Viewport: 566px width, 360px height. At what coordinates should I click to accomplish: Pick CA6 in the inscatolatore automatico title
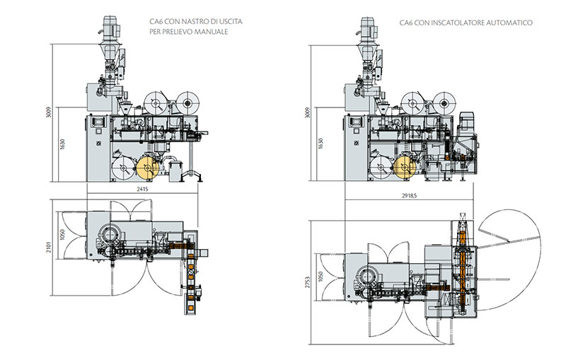coord(406,23)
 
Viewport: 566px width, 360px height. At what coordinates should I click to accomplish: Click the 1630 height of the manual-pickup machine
coord(63,146)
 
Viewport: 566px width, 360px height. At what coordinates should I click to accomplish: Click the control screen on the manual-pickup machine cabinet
coord(94,124)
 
